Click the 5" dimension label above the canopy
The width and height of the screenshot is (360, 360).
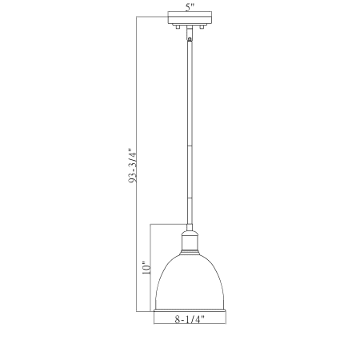point(190,7)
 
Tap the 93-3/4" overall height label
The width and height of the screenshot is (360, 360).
point(133,166)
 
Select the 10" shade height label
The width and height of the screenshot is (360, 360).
point(146,268)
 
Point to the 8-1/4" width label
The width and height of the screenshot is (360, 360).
point(190,318)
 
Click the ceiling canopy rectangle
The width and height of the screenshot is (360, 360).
point(190,18)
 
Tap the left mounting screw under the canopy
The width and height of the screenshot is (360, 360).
point(178,26)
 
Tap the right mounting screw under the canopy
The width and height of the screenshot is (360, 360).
point(202,26)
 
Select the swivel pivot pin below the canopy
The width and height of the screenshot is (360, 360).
point(190,39)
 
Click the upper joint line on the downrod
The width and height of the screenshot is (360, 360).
point(190,146)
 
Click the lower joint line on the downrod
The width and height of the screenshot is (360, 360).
point(190,198)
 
